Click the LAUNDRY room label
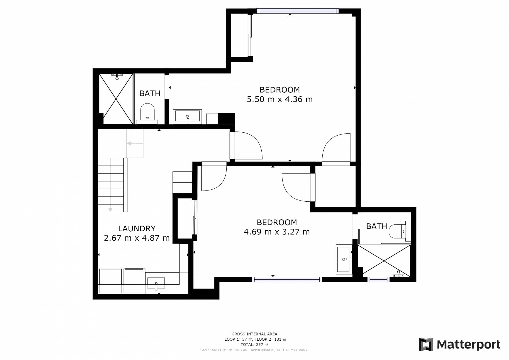pos(137,228)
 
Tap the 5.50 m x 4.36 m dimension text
pos(280,99)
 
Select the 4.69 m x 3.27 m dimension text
pos(277,232)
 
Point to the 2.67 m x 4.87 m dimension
pos(137,238)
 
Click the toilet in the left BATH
pos(147,114)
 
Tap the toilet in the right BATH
pos(400,231)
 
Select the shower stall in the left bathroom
pos(116,99)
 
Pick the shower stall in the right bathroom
pos(384,261)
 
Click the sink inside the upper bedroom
pos(187,116)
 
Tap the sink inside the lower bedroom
pos(344,259)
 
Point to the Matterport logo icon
pos(426,344)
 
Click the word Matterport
pos(468,345)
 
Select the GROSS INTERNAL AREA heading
pos(254,334)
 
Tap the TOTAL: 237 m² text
pos(254,345)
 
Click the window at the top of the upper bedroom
pos(297,11)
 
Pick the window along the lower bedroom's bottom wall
pos(287,279)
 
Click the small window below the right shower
pos(378,279)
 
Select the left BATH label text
pos(150,93)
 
